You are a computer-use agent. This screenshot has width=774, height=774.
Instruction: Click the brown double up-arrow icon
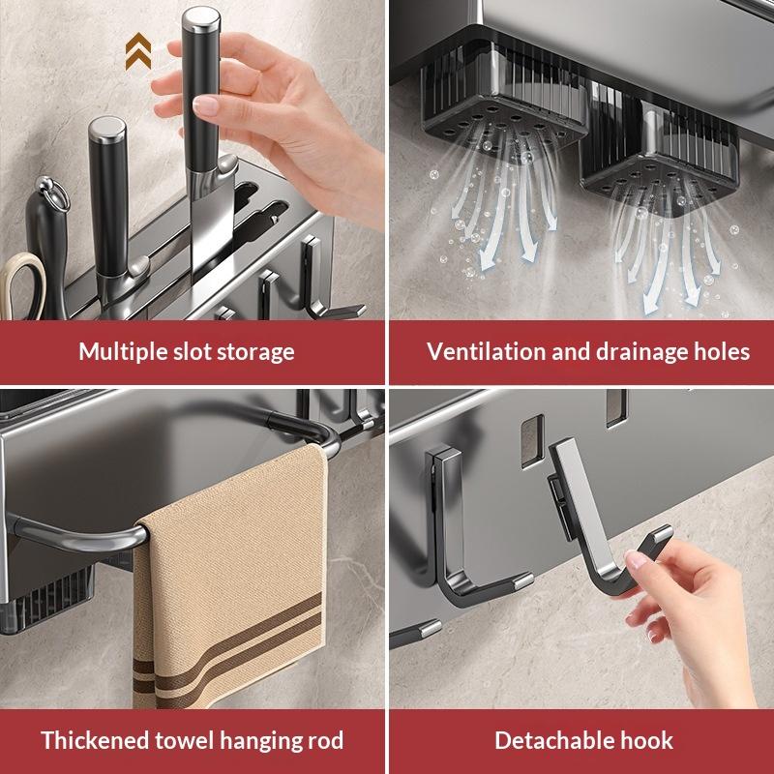coord(138,51)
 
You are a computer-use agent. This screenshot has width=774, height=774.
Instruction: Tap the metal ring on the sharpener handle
coord(52,194)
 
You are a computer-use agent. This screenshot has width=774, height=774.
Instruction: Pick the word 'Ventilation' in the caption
coord(487,351)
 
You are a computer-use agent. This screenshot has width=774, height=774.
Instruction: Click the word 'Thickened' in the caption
coord(94,740)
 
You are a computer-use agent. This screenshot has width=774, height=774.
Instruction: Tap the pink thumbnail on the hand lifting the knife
coord(205,105)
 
